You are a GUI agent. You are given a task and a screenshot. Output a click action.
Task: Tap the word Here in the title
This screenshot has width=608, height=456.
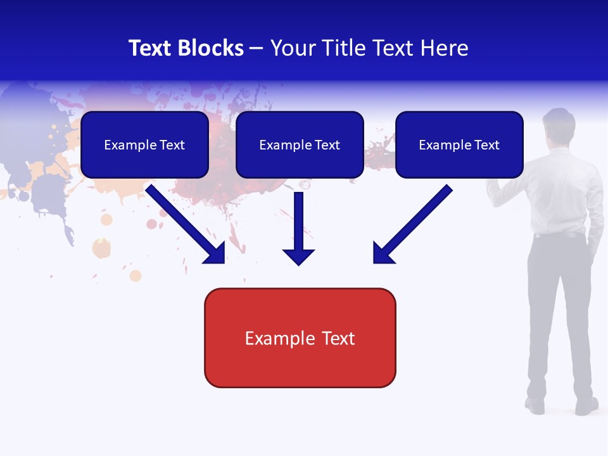click(x=445, y=48)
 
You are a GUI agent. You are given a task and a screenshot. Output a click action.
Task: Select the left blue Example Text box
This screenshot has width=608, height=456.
click(x=144, y=145)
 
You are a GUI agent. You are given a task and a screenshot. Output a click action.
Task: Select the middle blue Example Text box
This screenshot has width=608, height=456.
click(x=300, y=145)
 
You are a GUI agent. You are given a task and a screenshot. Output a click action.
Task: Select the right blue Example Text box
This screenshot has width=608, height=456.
click(x=459, y=145)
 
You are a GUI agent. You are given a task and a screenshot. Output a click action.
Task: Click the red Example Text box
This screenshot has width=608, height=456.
click(x=300, y=338)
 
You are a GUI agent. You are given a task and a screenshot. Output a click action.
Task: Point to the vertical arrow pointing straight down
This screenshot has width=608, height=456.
click(x=298, y=228)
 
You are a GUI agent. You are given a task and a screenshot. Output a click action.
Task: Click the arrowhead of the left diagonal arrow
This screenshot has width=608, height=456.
click(x=215, y=253)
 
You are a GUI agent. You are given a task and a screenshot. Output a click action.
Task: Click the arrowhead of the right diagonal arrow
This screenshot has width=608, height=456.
click(x=383, y=253)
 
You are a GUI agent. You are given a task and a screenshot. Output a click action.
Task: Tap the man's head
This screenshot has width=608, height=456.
click(x=559, y=123)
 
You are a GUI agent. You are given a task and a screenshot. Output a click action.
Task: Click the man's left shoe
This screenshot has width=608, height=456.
click(x=535, y=405)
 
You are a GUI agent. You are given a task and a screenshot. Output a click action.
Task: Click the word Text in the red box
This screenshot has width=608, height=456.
click(x=339, y=338)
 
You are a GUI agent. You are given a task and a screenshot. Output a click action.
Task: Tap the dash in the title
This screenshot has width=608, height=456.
click(x=257, y=48)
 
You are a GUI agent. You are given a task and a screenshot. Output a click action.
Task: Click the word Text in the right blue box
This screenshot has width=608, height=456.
click(x=487, y=145)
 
